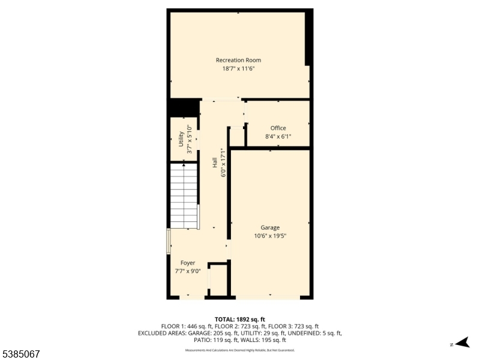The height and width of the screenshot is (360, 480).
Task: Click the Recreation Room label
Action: (238, 60)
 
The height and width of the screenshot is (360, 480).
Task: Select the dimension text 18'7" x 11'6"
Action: (238, 68)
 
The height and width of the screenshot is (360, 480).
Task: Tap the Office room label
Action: (278, 128)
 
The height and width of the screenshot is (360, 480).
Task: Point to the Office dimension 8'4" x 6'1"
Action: (278, 136)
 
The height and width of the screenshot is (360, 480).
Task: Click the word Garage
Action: (270, 227)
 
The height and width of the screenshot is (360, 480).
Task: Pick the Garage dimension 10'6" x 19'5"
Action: (270, 236)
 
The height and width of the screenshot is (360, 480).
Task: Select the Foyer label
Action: (188, 263)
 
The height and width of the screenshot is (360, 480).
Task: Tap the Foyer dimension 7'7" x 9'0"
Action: (188, 271)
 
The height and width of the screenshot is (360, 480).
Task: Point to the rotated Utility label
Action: (181, 139)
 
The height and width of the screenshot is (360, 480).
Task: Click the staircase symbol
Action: (184, 196)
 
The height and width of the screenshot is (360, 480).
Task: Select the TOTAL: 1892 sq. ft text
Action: (240, 319)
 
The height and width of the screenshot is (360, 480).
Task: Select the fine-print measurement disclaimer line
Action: (240, 350)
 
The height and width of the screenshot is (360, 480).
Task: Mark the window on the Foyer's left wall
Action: (168, 241)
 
